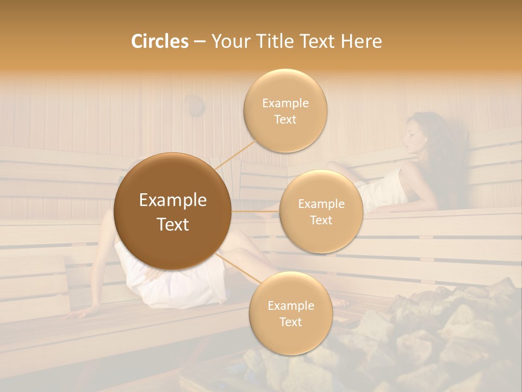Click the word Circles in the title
pyautogui.click(x=159, y=41)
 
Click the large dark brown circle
pyautogui.click(x=172, y=211)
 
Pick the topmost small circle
pyautogui.click(x=285, y=111)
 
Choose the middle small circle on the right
pyautogui.click(x=321, y=211)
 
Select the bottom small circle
pyautogui.click(x=290, y=313)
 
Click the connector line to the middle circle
pyautogui.click(x=256, y=211)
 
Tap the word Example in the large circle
pyautogui.click(x=172, y=200)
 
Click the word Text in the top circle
pyautogui.click(x=285, y=119)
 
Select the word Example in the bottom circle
pyautogui.click(x=290, y=305)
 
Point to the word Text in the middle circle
pyautogui.click(x=321, y=220)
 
